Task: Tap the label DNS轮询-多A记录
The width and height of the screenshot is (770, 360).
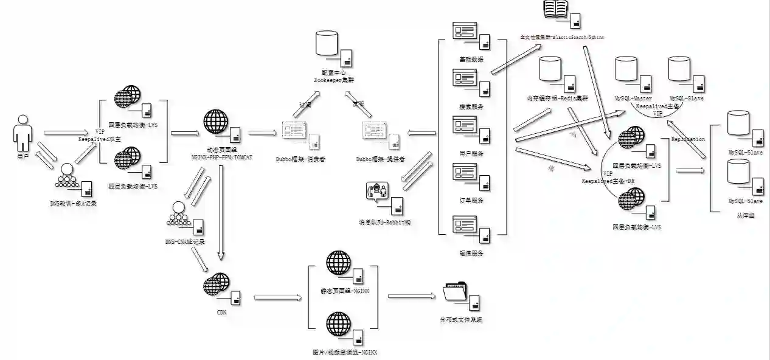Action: (73, 203)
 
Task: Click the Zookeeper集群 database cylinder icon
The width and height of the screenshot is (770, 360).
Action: (326, 44)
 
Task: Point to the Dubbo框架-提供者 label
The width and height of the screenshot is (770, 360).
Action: (381, 159)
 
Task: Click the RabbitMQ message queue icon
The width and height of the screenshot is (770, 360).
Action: (377, 192)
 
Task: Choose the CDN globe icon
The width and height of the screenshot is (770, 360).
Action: (216, 285)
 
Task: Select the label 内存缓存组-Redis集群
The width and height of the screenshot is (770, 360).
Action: (557, 99)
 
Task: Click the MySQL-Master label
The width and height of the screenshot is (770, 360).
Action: (633, 99)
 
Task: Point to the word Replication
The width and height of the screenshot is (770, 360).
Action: (688, 139)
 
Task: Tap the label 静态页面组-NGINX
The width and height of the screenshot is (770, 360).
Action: (345, 291)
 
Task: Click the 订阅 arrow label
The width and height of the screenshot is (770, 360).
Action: (305, 104)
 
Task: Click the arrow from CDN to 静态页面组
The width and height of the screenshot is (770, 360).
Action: (278, 297)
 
